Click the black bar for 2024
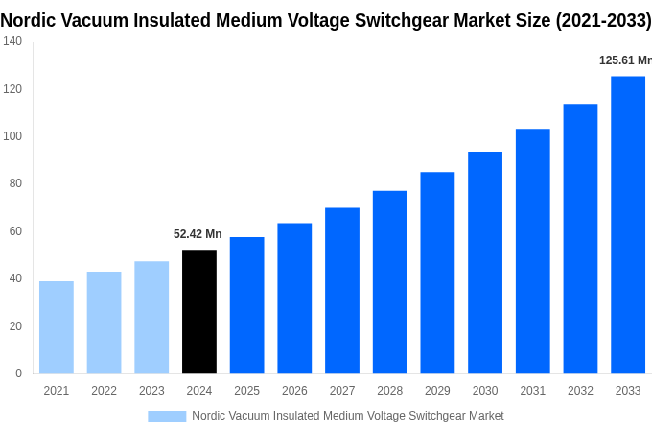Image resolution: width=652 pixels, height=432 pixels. tap(199, 311)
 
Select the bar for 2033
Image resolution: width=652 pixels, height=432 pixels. tap(628, 225)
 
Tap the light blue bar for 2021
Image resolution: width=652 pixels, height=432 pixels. tap(57, 327)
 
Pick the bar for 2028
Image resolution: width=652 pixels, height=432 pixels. tap(390, 282)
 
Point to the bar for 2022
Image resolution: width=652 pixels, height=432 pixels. tap(104, 323)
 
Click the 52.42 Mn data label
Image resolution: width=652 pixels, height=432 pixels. tap(198, 234)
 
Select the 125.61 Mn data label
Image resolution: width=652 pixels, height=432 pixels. tap(624, 60)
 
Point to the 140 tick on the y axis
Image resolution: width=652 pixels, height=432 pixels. tap(12, 41)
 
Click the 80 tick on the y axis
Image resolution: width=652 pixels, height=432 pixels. tap(15, 183)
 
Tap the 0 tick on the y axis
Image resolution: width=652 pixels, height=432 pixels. tap(18, 373)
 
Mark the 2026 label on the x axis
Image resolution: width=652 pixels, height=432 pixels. tap(294, 391)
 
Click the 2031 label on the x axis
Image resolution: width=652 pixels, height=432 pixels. tap(532, 391)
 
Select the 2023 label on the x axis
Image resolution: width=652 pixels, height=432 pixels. tap(151, 391)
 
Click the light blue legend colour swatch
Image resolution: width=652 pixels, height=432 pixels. tap(167, 416)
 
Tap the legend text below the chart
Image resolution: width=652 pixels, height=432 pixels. tap(347, 416)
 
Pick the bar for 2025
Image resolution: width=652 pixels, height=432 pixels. tap(246, 305)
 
